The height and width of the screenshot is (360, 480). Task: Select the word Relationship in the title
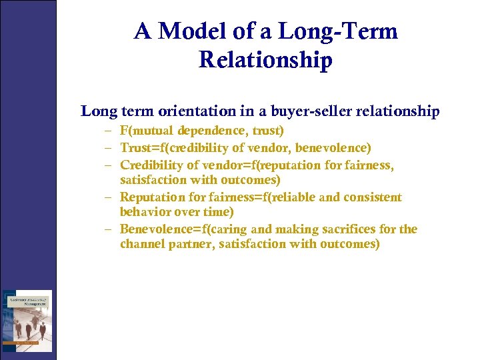265,60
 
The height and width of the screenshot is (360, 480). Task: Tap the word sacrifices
360,229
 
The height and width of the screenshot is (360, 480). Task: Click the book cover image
27,321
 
